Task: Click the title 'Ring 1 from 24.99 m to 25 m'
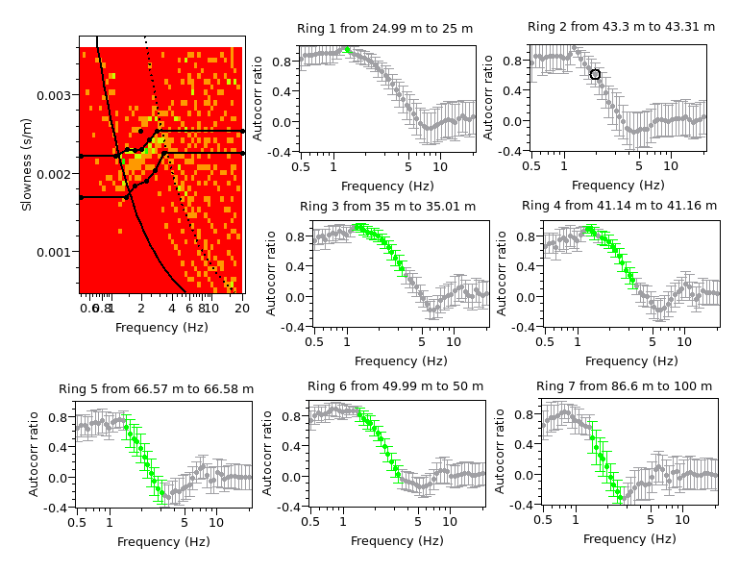point(386,29)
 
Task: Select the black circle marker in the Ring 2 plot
point(595,74)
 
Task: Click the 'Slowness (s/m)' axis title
point(29,165)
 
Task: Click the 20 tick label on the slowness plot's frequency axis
point(242,309)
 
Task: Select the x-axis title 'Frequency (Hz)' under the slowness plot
point(160,327)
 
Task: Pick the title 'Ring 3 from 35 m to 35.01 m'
point(401,206)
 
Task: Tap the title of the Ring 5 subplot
point(156,389)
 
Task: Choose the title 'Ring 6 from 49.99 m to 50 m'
point(395,386)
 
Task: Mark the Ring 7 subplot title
point(624,386)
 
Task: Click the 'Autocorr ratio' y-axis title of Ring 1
point(259,98)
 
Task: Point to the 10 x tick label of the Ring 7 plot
point(683,520)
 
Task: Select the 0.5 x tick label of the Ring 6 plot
point(310,521)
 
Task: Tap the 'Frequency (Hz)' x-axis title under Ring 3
point(401,360)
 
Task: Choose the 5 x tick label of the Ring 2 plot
point(638,166)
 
